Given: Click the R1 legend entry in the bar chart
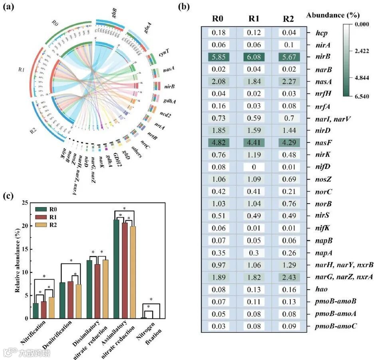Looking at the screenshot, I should coord(48,216).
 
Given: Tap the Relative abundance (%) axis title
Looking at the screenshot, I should coord(18,261).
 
